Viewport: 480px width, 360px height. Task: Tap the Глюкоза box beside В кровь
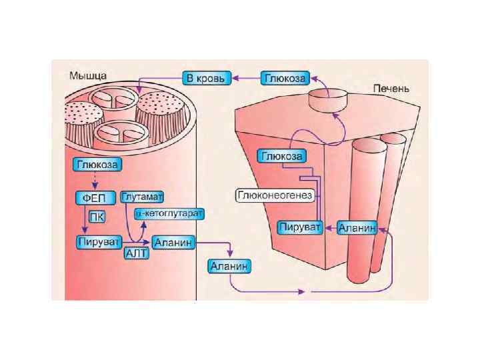284,78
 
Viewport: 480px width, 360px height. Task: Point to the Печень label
392,88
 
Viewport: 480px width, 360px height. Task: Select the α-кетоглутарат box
170,213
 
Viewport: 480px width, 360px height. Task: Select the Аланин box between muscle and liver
230,267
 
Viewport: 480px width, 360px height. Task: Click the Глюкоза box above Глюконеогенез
281,156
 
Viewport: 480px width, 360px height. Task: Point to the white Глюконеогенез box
275,195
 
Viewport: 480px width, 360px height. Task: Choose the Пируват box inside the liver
300,228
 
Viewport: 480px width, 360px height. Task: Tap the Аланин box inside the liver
357,228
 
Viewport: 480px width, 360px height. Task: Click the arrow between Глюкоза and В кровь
245,78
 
